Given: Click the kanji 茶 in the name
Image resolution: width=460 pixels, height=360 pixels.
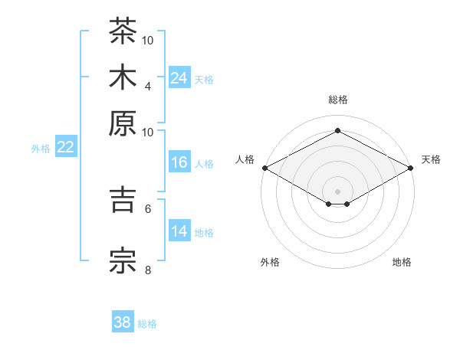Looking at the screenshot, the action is [123, 31].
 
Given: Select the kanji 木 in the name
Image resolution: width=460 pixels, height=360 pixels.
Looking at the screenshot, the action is [123, 77].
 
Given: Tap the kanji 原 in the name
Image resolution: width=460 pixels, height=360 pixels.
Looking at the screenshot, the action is [123, 123].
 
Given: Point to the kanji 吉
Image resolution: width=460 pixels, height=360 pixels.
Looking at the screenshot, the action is [123, 200].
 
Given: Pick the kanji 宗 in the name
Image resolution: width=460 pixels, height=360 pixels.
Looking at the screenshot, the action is [123, 261].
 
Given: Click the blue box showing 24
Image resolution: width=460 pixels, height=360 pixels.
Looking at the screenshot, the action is [179, 77].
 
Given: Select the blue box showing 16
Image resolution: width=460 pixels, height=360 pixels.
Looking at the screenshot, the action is [179, 162].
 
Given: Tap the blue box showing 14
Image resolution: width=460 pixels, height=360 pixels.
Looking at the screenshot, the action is [179, 230].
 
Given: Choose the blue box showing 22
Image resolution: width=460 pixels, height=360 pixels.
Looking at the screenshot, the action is [66, 146].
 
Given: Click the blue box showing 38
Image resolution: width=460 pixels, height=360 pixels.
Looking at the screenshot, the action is [123, 321].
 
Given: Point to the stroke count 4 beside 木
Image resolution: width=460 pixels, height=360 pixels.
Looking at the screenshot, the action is [148, 87].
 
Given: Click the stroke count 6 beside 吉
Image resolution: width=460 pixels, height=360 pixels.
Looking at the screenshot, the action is [148, 209].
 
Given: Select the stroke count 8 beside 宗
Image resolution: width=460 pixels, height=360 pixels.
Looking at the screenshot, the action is [148, 270].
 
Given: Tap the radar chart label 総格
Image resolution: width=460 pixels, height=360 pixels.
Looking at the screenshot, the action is [338, 100].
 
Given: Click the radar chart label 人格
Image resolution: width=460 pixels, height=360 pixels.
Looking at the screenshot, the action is [245, 159].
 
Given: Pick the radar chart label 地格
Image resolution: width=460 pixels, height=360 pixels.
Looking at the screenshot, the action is [402, 262].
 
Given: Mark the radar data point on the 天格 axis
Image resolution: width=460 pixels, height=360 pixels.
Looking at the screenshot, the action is [411, 168].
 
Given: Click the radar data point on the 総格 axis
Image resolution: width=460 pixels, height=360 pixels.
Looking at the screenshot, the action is [337, 130].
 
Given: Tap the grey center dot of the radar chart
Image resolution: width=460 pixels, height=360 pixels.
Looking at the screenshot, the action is [337, 191].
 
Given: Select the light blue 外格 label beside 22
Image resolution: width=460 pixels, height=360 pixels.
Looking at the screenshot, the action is [41, 149].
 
